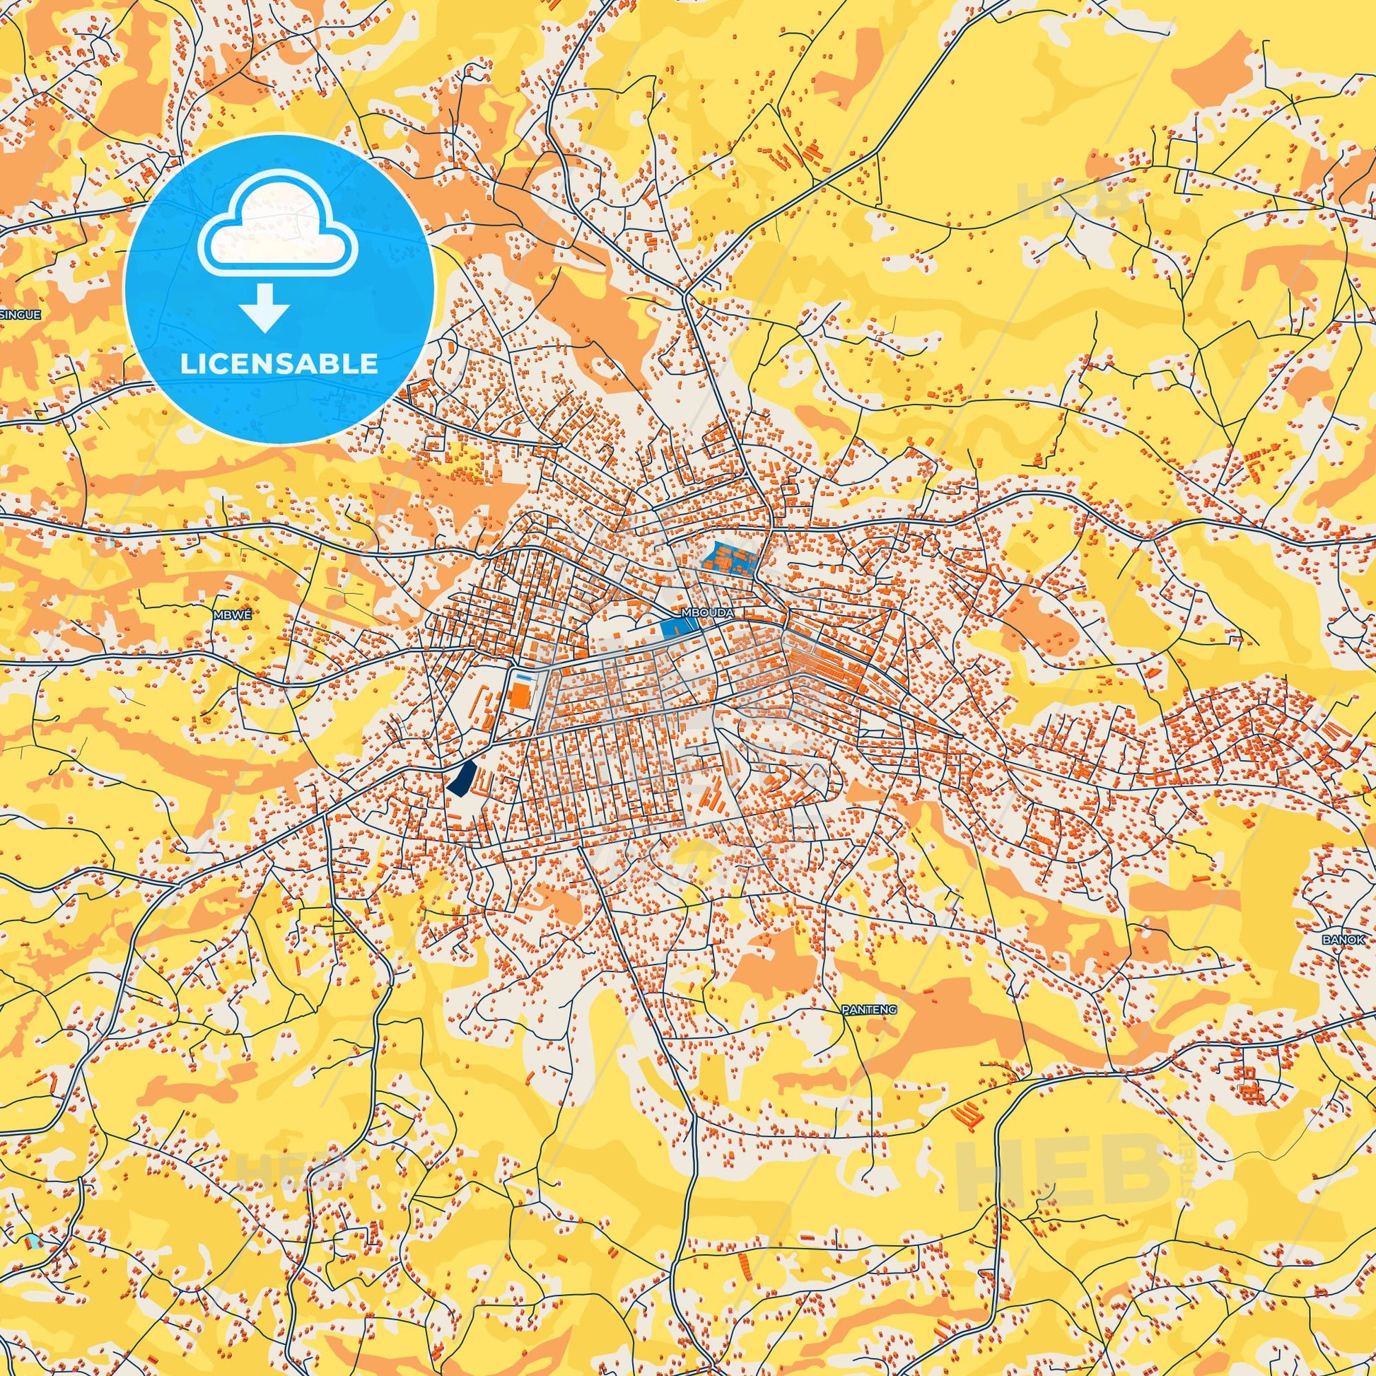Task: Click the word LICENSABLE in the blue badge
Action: click(279, 364)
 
